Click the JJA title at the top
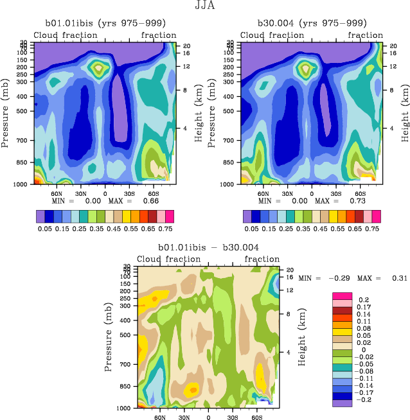pyautogui.click(x=205, y=6)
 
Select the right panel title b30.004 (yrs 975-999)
pyautogui.click(x=310, y=24)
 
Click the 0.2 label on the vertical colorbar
pyautogui.click(x=362, y=300)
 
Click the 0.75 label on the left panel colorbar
pyautogui.click(x=166, y=228)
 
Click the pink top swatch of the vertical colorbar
pyautogui.click(x=341, y=295)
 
